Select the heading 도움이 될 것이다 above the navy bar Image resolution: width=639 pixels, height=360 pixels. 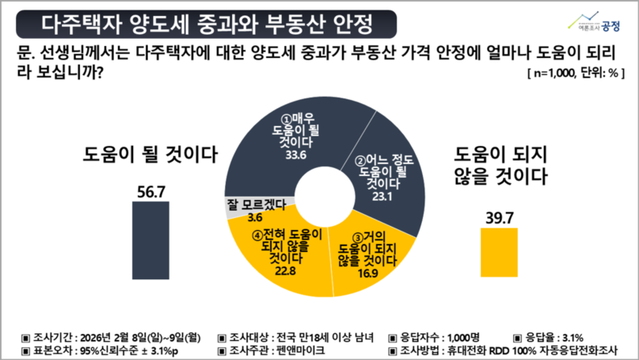click(151, 155)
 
